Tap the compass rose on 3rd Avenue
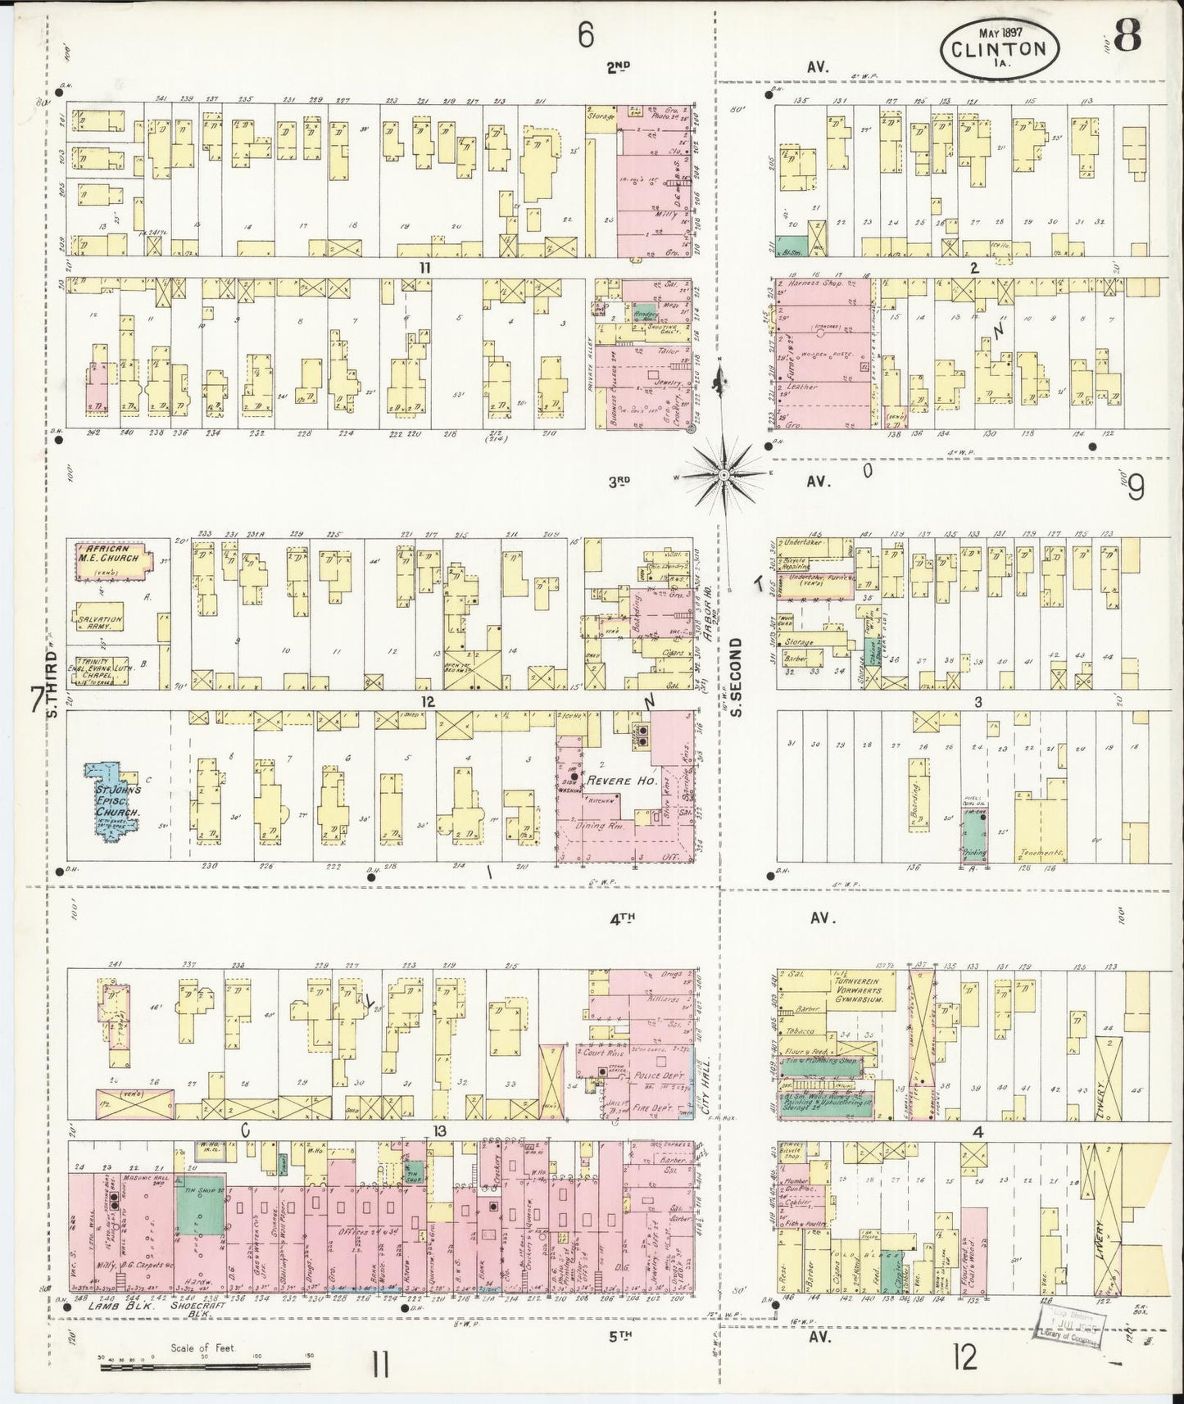725,474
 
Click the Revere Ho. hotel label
622,781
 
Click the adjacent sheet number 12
965,1360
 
